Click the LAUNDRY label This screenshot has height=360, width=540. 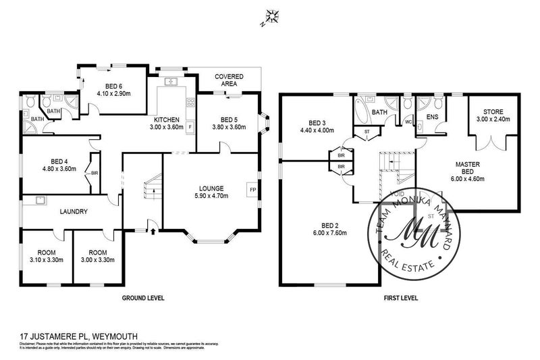74,211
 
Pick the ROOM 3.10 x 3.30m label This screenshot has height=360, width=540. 45,254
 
